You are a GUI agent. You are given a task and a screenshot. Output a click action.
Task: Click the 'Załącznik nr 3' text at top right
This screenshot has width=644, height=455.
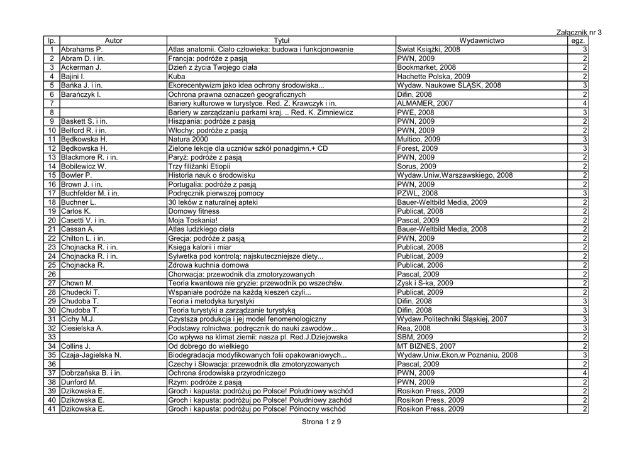(579, 32)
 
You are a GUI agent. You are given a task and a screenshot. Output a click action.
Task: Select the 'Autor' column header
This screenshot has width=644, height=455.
(113, 41)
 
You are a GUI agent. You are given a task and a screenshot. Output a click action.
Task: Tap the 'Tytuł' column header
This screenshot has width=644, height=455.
(281, 41)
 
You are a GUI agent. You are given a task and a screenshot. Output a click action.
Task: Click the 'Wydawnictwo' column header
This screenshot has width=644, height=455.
(482, 41)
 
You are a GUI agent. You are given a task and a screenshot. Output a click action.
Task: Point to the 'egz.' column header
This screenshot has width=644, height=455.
(577, 41)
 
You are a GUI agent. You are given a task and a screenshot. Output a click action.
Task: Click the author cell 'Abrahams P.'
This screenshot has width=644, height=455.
(82, 50)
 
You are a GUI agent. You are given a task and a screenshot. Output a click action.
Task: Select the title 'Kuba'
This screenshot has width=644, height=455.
(177, 77)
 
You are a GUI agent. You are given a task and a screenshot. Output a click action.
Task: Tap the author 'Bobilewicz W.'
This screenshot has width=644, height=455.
(84, 167)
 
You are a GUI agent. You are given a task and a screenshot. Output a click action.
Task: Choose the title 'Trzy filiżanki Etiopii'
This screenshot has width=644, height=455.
(199, 167)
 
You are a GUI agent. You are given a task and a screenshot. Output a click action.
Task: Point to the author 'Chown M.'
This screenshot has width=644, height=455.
(77, 283)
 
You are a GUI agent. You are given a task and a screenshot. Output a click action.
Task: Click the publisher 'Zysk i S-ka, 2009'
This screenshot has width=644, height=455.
(425, 283)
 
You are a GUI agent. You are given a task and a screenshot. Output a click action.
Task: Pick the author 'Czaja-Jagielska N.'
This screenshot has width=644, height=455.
(91, 355)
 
